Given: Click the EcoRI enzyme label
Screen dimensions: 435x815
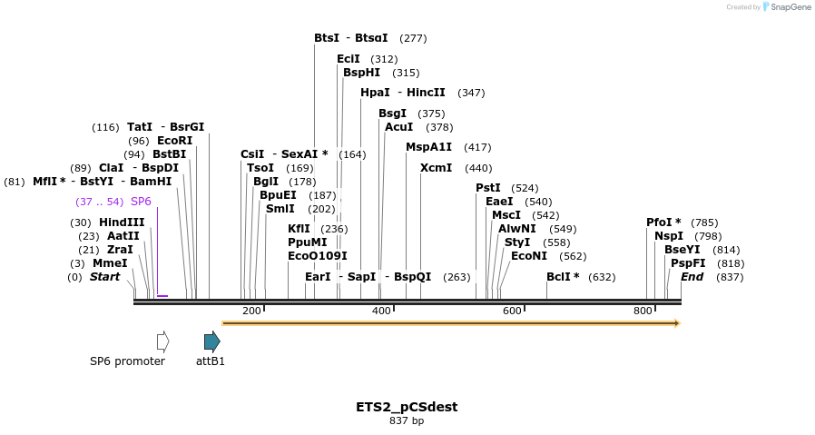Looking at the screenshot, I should coord(175,141).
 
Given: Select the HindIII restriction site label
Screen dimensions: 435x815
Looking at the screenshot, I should coord(122,222).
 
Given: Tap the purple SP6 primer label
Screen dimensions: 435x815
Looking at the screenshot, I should coord(141,202).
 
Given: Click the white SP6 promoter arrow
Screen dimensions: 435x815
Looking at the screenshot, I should coord(162,341).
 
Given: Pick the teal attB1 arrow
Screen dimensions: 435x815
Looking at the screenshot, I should coord(211,341).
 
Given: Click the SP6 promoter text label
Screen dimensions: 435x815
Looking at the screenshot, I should coord(127,361).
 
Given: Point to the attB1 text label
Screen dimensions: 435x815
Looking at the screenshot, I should coord(211,361).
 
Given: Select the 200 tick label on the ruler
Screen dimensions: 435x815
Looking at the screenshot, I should coord(251,311).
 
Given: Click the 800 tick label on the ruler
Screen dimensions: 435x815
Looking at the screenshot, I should coord(643,311).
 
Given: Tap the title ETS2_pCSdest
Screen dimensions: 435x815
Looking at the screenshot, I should coord(407,407).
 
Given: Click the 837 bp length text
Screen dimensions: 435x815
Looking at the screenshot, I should coord(407,420).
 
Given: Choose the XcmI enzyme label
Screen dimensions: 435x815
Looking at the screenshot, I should coord(437,168).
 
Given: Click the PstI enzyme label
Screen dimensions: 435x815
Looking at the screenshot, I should coord(488,188).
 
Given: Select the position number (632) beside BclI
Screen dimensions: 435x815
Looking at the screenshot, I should coord(602,277).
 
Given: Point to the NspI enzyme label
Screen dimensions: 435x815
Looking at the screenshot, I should coord(669,236).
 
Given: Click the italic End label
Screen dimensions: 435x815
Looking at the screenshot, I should coord(692,277).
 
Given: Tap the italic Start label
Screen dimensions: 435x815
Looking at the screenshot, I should coord(104,277).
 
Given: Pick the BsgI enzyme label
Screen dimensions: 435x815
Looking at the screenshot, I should coord(392,114).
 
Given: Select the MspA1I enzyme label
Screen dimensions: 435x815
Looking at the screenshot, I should coord(428,147).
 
